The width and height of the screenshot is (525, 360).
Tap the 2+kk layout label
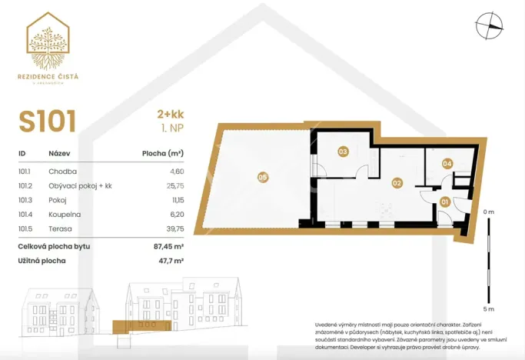(170, 115)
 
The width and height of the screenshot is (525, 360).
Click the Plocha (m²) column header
(163, 153)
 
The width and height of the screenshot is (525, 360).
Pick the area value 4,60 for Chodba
(175, 172)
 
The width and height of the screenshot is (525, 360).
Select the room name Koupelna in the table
(65, 215)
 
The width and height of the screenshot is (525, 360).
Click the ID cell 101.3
(26, 200)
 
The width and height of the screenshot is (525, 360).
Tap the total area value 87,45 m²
(168, 246)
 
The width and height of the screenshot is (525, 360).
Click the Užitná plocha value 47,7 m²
(170, 261)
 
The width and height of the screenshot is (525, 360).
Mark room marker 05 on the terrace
(263, 178)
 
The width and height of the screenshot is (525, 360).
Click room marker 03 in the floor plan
(343, 152)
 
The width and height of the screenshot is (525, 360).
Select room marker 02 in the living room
(397, 183)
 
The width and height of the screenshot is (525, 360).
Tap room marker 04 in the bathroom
(447, 163)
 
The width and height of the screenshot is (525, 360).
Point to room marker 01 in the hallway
(444, 202)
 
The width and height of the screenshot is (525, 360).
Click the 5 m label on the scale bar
(489, 308)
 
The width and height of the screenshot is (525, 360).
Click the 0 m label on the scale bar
(489, 212)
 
